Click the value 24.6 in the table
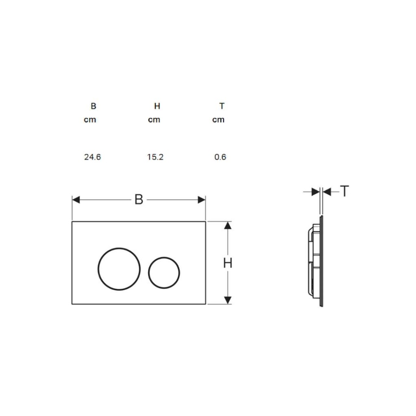point(92,157)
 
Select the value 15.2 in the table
point(155,157)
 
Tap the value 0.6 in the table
point(220,157)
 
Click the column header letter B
point(93,106)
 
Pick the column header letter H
point(157,106)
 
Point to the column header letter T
point(222,106)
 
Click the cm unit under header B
point(90,120)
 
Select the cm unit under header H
point(154,120)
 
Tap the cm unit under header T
point(218,120)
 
